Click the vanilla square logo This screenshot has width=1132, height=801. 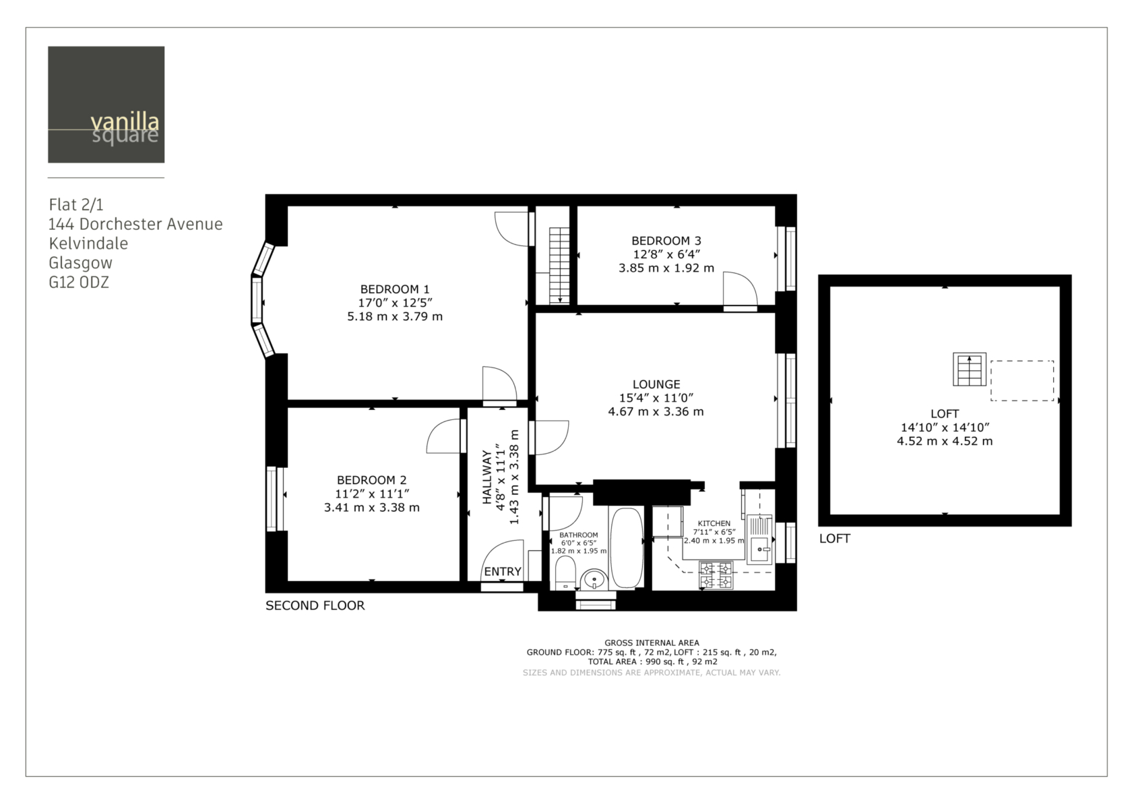pos(106,105)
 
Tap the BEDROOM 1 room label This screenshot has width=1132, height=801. pos(395,289)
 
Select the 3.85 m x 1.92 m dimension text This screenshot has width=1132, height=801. pos(666,268)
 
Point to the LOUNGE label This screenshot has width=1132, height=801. pos(656,384)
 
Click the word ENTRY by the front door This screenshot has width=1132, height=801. pos(503,572)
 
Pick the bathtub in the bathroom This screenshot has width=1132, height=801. pos(627,547)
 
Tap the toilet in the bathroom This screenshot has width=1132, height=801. pos(565,573)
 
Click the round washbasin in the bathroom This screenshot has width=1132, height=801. pos(594,580)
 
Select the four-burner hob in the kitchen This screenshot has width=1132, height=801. pos(716,576)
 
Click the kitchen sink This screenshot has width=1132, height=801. pos(759,539)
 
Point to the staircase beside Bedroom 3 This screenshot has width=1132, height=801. pos(559,266)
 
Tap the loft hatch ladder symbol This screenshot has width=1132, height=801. pos(969,369)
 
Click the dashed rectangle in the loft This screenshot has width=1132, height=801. pos(1021,381)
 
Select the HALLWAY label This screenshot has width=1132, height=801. pos(487,477)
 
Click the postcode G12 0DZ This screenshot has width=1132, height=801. pos(79,282)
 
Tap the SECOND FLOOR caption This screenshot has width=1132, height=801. pos(315,605)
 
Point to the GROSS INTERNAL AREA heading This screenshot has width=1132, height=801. pos(652,643)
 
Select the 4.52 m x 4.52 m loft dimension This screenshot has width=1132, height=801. pos(945,441)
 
